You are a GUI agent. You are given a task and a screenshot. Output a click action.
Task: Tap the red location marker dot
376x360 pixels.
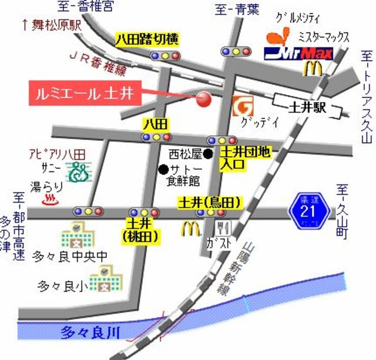203,99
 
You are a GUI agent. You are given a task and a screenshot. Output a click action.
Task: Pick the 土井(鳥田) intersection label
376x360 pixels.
210,203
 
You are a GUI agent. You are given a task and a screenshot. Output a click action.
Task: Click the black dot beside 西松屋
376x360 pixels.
209,154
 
